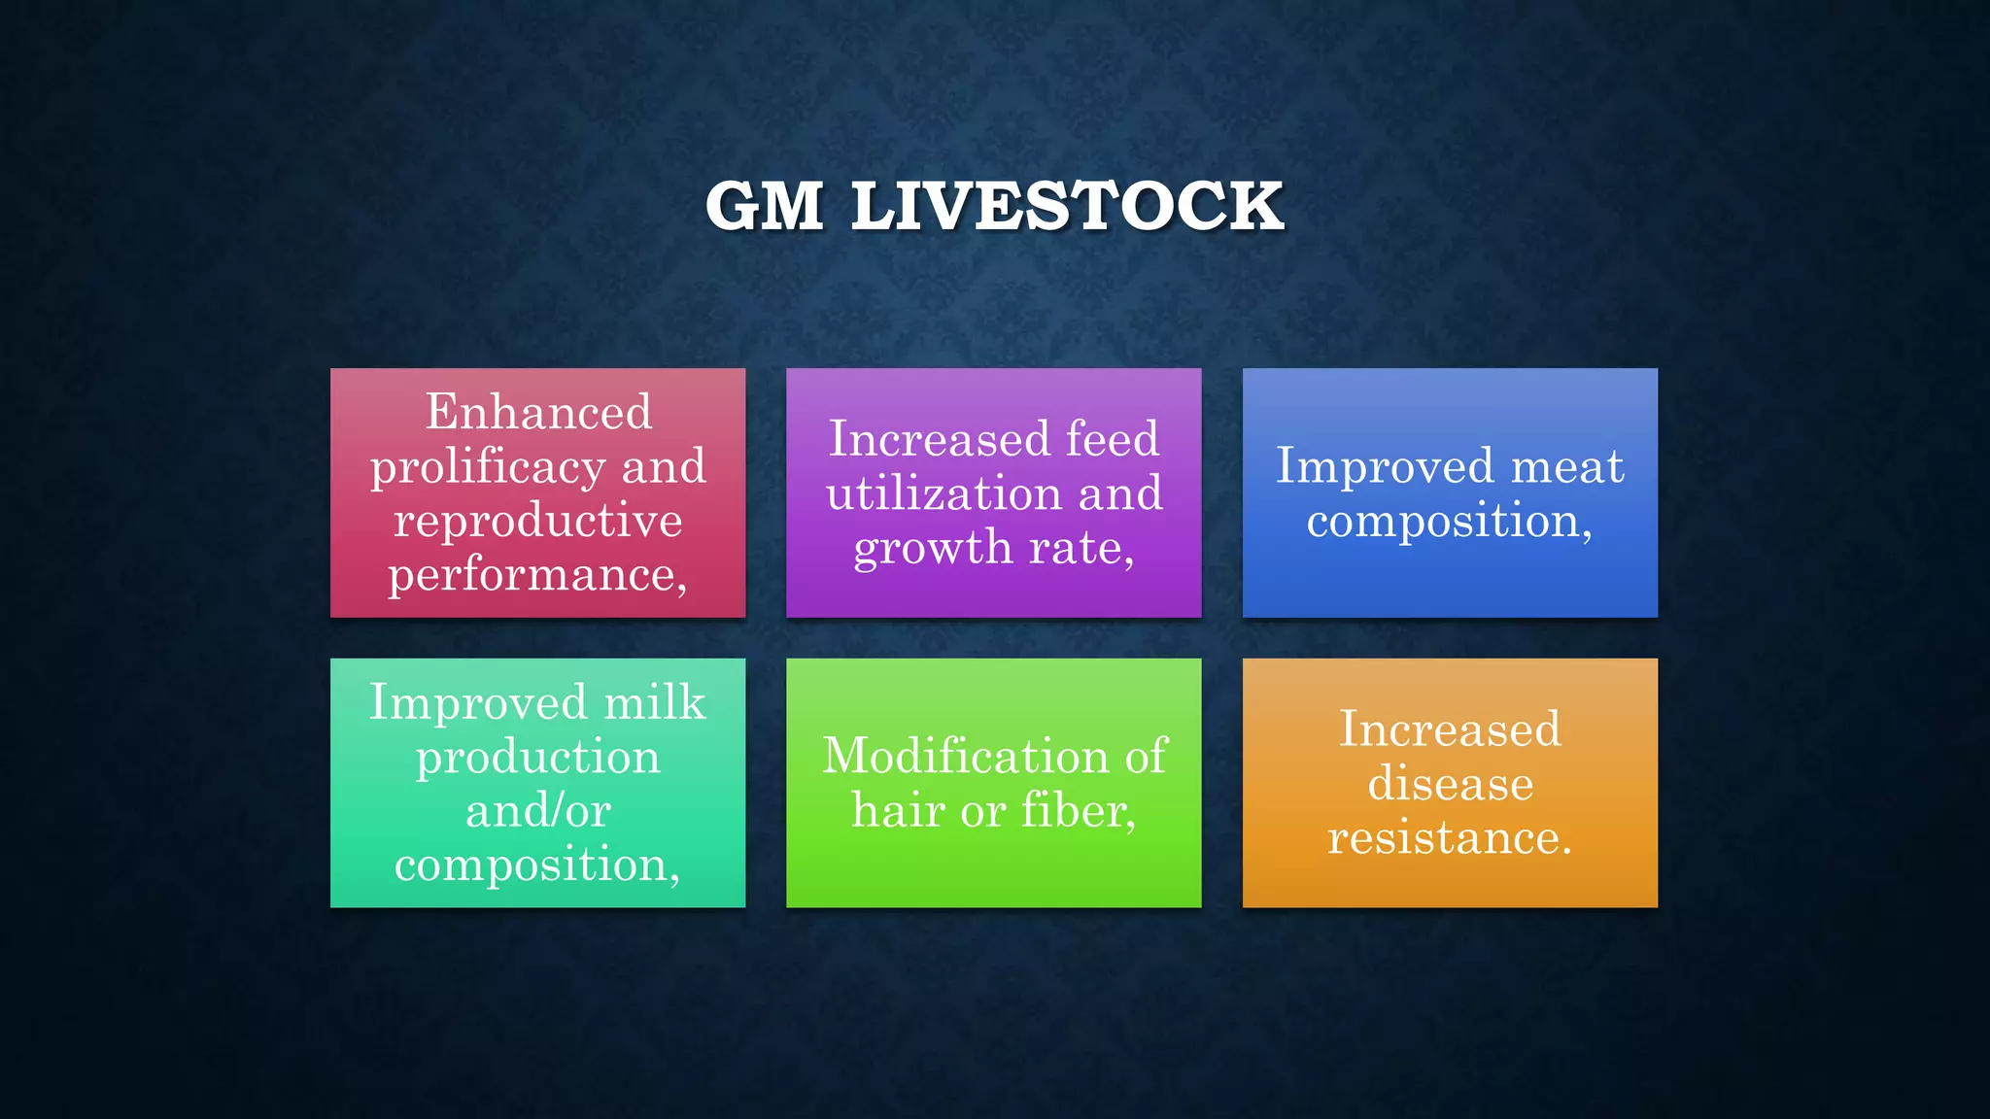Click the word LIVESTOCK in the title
[x=1067, y=206]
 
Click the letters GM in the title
[x=765, y=206]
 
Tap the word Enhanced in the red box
[x=538, y=412]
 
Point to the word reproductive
[x=538, y=521]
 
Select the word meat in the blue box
[x=1566, y=466]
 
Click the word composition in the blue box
[x=1444, y=522]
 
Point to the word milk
[x=654, y=702]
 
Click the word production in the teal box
[x=538, y=758]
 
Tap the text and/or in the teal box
[x=538, y=811]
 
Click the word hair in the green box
[x=898, y=811]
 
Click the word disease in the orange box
[x=1450, y=784]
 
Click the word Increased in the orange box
[x=1450, y=729]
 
